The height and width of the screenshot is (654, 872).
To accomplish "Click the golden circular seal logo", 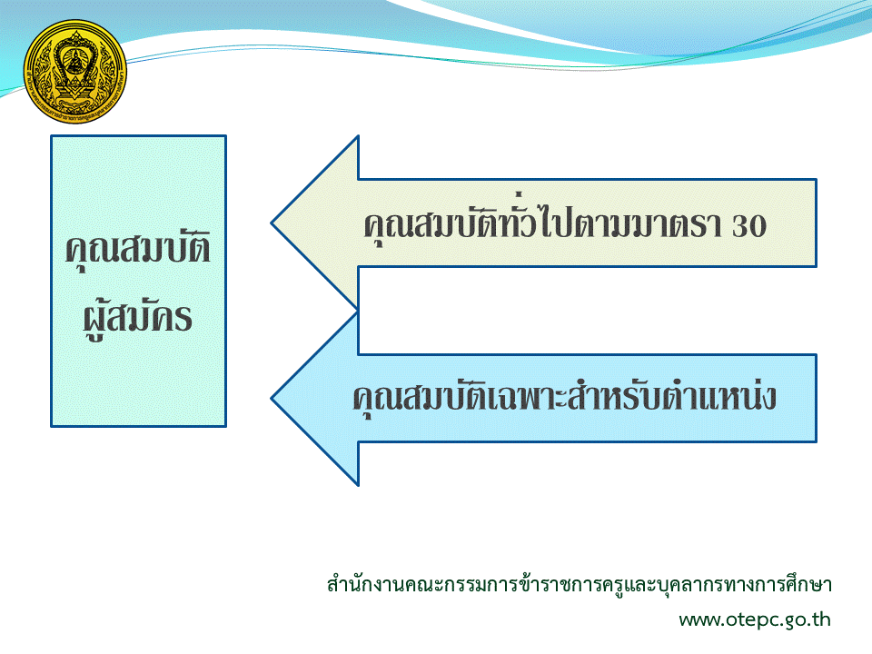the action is coord(75,72).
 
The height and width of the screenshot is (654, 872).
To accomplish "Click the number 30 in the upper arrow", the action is coord(749,226).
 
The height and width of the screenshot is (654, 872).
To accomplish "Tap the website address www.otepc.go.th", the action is coord(755,619).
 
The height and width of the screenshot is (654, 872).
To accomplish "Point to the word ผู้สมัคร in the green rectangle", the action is coord(138,317).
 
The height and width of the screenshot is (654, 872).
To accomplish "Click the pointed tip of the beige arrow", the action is coord(272,223).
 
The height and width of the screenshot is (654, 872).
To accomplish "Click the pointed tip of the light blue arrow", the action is coord(272,398).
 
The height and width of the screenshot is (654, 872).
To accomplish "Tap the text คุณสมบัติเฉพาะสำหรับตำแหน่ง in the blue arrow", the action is coord(564,396).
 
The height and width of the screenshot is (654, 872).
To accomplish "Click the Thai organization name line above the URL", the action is coord(579,584).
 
